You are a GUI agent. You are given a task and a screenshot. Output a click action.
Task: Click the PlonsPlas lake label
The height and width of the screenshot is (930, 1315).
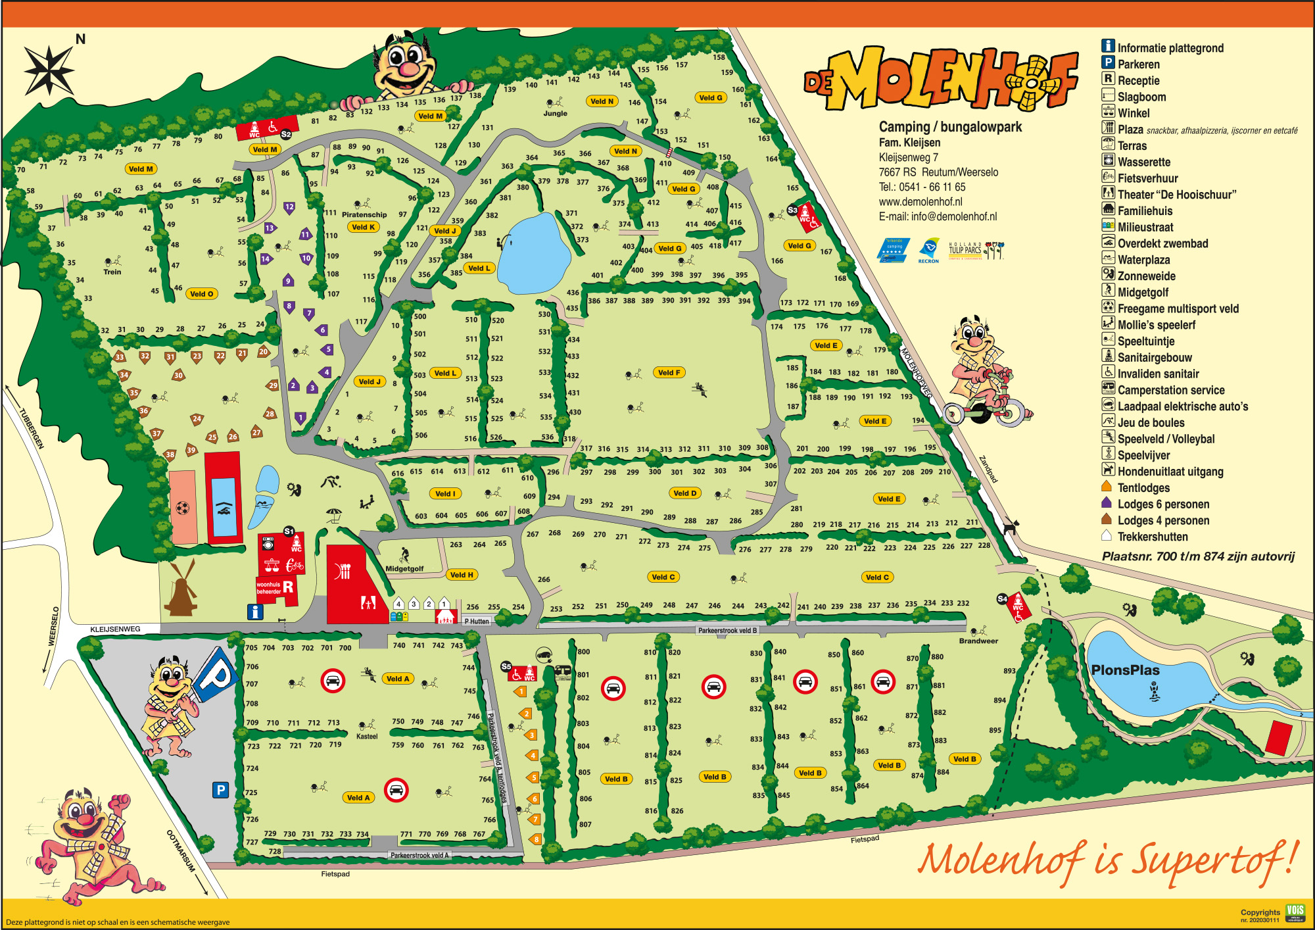1125,670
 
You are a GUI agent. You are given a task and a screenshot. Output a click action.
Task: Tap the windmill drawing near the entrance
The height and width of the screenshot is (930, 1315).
181,589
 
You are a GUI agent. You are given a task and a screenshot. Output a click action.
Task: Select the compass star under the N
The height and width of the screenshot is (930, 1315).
49,70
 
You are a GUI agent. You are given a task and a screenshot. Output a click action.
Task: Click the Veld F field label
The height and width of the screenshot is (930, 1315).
669,372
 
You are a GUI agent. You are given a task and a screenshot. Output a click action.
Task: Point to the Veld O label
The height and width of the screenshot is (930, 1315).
201,294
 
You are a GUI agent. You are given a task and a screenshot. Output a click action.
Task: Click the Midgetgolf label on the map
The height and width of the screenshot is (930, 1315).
404,568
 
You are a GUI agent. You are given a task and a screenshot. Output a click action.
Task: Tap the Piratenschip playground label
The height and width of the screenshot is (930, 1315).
364,214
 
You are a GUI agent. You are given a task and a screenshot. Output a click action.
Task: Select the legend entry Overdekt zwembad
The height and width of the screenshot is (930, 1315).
1162,243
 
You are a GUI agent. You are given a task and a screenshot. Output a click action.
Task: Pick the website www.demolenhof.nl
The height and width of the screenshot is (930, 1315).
920,202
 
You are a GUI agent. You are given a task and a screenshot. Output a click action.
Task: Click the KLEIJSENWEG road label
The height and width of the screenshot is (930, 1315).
115,629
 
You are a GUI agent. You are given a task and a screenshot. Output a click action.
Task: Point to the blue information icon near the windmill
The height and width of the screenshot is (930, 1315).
255,612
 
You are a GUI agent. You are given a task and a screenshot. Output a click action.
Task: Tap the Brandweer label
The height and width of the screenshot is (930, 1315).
978,641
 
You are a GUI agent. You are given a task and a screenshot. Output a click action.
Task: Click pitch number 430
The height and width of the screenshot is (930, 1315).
574,412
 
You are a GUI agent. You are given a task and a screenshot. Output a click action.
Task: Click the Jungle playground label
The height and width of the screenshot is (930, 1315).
555,113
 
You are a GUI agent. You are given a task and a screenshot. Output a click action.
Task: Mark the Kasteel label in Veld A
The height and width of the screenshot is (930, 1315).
367,736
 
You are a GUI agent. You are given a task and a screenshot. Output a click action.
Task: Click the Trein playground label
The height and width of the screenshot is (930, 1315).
112,272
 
